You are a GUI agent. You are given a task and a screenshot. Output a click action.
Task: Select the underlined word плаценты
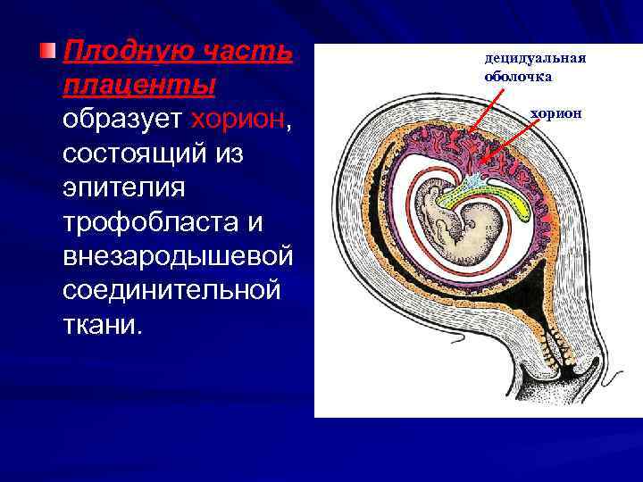pos(139,86)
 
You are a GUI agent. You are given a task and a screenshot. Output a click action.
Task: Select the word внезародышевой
pos(178,255)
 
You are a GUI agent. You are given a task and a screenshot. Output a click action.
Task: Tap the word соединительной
pos(170,289)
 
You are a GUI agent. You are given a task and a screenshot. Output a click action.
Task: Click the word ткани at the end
pos(101,323)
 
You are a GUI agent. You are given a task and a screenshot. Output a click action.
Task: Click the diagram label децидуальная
pos(535,59)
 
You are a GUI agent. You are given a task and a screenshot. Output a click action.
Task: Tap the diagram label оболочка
pos(518,77)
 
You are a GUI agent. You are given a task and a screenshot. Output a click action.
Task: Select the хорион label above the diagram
pos(555,113)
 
